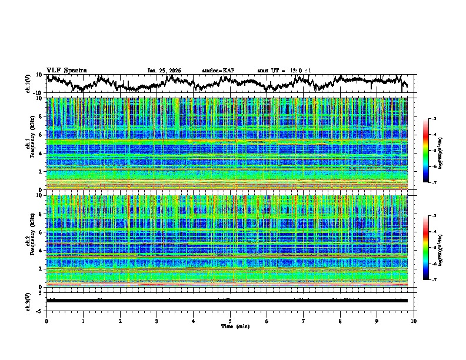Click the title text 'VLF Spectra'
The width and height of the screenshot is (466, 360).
tap(66, 70)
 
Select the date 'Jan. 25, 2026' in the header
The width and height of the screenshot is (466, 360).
tap(164, 71)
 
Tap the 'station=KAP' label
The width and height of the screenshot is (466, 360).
tap(218, 71)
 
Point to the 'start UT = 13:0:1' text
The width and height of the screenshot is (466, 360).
tap(284, 71)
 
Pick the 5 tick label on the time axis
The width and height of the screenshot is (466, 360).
tap(230, 321)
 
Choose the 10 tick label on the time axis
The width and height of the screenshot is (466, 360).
tap(414, 321)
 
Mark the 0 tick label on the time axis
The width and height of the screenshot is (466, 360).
tap(46, 321)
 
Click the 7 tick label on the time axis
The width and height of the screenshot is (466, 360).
tap(304, 321)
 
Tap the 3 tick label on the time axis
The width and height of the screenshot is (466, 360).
tap(157, 321)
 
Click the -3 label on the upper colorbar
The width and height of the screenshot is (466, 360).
tap(434, 119)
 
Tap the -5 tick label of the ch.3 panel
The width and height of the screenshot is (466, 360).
tap(40, 309)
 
